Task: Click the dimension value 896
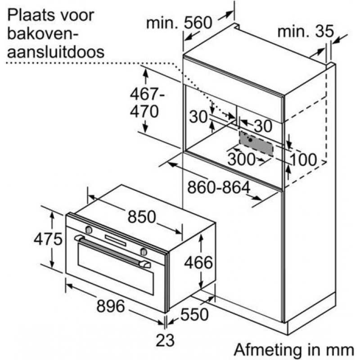pyautogui.click(x=111, y=306)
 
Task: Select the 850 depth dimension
pyautogui.click(x=142, y=216)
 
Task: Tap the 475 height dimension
pyautogui.click(x=48, y=239)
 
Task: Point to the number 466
pyautogui.click(x=198, y=262)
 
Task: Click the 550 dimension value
pyautogui.click(x=194, y=314)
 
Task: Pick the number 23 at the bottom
pyautogui.click(x=165, y=340)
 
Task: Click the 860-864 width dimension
pyautogui.click(x=219, y=187)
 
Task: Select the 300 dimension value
pyautogui.click(x=241, y=159)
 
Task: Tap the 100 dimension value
pyautogui.click(x=303, y=159)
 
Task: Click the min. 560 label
pyautogui.click(x=179, y=22)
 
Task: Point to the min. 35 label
pyautogui.click(x=306, y=31)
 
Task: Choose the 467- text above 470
pyautogui.click(x=147, y=94)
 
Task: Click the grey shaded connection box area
pyautogui.click(x=256, y=144)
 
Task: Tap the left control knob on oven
pyautogui.click(x=89, y=229)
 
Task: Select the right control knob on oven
pyautogui.click(x=144, y=252)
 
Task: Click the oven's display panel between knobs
pyautogui.click(x=116, y=240)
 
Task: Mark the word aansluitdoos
pyautogui.click(x=56, y=51)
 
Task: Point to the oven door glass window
pyautogui.click(x=116, y=268)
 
